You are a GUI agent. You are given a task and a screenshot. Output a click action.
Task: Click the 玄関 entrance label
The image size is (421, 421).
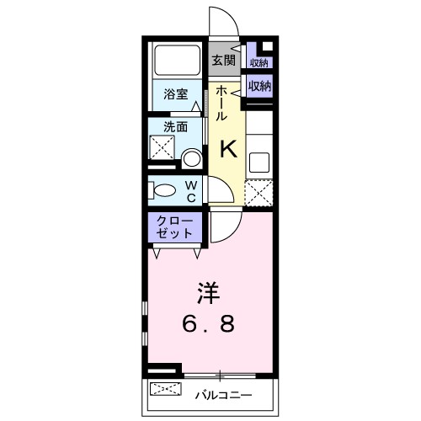coord(222,61)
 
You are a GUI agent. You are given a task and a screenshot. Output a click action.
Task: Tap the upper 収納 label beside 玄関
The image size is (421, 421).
coord(258,62)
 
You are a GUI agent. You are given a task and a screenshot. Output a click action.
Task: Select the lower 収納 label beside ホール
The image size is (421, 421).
coord(259,85)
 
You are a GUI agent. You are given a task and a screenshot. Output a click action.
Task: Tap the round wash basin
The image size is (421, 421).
coord(193,158)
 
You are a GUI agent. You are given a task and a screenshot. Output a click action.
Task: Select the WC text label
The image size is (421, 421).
coord(191,191)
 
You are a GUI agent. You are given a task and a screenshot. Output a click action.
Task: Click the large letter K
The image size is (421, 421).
coord(228,150)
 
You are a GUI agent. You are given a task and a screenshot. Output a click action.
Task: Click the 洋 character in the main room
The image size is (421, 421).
coord(208,294)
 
